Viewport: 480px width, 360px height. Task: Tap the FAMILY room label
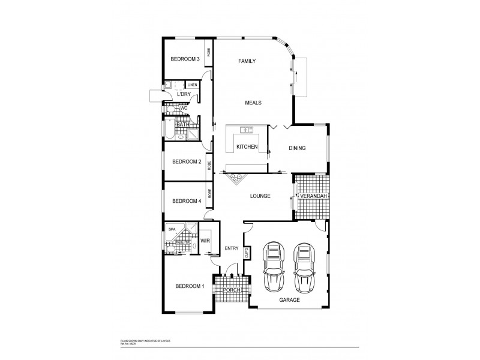247,61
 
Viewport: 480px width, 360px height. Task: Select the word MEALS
253,103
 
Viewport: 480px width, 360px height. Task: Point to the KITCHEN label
247,147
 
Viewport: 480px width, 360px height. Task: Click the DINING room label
297,148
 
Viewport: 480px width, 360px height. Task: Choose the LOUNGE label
260,196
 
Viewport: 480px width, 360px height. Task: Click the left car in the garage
274,265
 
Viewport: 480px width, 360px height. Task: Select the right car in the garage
305,265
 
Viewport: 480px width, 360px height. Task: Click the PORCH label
231,290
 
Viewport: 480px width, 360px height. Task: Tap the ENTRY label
232,248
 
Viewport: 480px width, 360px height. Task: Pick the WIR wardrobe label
204,241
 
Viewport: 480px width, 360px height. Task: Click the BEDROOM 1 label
190,286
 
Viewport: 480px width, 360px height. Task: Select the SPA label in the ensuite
172,229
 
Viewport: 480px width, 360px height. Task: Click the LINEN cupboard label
193,85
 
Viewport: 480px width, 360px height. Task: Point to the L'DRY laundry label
184,95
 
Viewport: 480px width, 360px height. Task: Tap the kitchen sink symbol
246,130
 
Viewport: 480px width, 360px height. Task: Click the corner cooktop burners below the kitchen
234,177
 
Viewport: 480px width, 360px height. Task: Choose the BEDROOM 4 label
186,201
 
